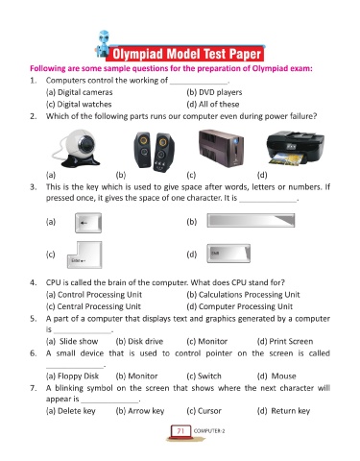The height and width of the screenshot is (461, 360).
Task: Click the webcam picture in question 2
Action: tap(77, 149)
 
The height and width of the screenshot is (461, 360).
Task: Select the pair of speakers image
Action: tap(154, 152)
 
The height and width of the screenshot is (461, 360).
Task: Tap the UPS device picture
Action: tap(221, 148)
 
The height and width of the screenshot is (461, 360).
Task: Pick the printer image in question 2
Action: tap(295, 148)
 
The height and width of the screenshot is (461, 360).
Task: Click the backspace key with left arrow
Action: tap(88, 223)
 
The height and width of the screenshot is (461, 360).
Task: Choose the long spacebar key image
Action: tap(251, 221)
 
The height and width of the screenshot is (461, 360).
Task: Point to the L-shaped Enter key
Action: tap(84, 255)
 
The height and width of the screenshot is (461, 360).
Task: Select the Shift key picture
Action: tap(228, 254)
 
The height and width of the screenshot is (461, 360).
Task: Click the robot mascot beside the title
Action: tap(103, 44)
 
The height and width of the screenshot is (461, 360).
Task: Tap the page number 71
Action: tap(180, 431)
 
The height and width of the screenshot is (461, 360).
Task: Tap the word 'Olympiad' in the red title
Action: tap(138, 54)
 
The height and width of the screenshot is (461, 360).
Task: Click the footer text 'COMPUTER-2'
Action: tap(209, 431)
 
